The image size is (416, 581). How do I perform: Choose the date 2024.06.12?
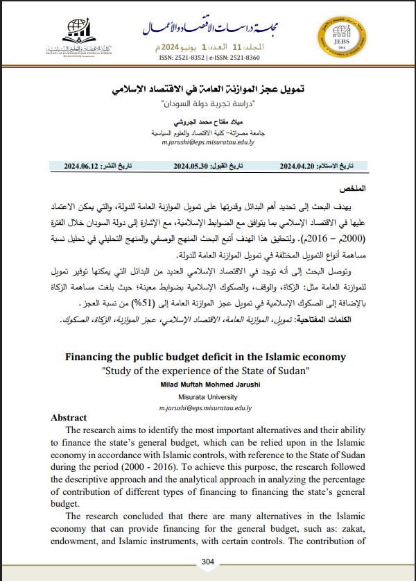(84, 167)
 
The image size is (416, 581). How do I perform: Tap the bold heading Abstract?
(69, 418)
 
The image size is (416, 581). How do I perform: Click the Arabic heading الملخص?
(351, 189)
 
